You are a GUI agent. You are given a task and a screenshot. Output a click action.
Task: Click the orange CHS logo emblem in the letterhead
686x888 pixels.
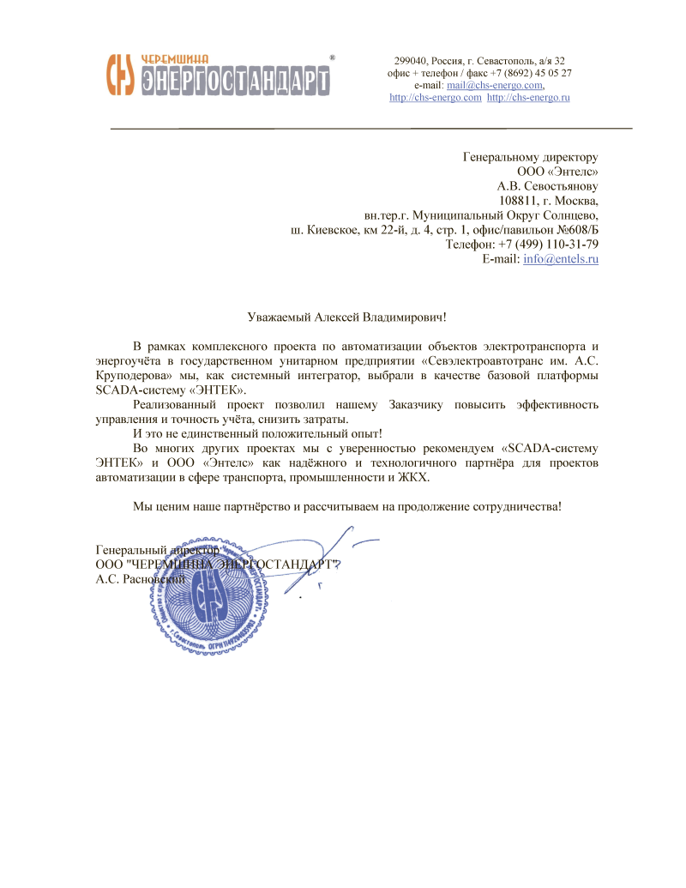point(122,74)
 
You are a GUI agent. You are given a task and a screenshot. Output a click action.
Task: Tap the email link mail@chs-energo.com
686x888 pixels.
point(495,86)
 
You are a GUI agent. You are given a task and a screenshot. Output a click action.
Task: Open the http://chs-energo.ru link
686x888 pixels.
point(528,98)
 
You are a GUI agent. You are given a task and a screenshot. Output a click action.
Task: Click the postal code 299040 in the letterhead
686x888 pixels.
point(411,61)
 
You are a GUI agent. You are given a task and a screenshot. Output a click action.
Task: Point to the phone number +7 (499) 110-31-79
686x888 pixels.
point(549,244)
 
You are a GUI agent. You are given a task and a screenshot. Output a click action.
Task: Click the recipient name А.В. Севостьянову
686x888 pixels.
point(548,185)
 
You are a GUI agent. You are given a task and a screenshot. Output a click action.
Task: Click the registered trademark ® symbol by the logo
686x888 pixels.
point(332,57)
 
